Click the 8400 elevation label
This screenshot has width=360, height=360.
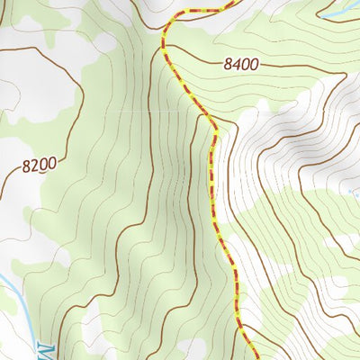(x=240, y=64)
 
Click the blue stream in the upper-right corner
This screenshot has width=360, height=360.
(x=337, y=13)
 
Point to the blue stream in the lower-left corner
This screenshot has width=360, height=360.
(x=13, y=297)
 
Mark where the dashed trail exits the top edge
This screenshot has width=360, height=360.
(x=236, y=2)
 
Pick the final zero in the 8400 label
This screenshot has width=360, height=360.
(x=255, y=64)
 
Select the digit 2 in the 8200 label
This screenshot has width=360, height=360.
(x=33, y=166)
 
